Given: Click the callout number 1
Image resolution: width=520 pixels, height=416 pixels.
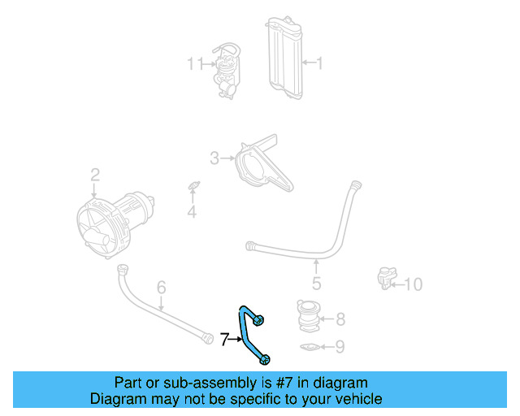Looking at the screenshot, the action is (x=318, y=63).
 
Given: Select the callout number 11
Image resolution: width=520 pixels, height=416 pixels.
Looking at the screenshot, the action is (x=195, y=63).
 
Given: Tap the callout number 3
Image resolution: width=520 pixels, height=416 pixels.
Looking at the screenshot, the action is (x=214, y=158).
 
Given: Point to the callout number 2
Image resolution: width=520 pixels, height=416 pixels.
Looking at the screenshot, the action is (x=95, y=174).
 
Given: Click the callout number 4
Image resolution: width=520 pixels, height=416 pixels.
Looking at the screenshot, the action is (x=192, y=213).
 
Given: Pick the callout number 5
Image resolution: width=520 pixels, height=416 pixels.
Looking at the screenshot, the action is (x=316, y=284).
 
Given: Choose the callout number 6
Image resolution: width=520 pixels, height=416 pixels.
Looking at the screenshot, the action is (x=161, y=287).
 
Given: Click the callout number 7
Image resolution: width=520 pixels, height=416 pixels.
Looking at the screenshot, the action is (x=225, y=339).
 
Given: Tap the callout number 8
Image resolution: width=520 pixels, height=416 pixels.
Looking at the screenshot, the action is (x=340, y=318).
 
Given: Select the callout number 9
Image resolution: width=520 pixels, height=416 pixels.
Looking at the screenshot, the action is (x=340, y=348).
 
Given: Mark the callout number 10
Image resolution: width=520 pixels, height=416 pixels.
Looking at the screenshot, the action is (x=414, y=284).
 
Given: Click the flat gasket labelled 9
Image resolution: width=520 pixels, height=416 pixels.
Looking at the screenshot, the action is (x=310, y=349).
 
